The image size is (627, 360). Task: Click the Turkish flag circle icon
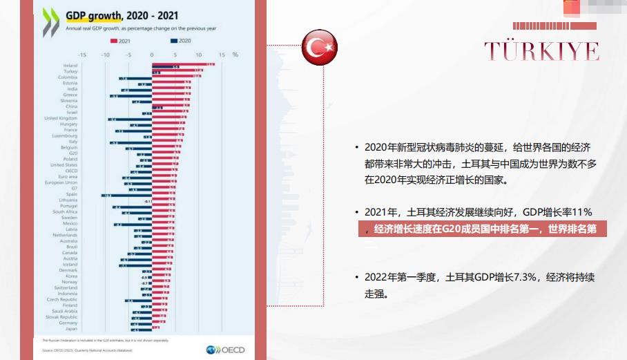pyautogui.click(x=320, y=48)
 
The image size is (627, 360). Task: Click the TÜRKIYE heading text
pyautogui.click(x=541, y=51)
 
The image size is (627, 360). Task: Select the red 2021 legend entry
pyautogui.click(x=122, y=41)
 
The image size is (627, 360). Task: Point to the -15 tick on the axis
pyautogui.click(x=82, y=54)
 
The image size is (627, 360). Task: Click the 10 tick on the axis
pyautogui.click(x=198, y=54)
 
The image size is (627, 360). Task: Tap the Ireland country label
pyautogui.click(x=70, y=66)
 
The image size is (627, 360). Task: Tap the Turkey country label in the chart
pyautogui.click(x=70, y=71)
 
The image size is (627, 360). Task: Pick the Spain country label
pyautogui.click(x=72, y=194)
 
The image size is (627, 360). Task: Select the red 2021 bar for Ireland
pyautogui.click(x=183, y=65)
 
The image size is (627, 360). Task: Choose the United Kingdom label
pyautogui.click(x=61, y=118)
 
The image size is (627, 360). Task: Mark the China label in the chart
pyautogui.click(x=72, y=106)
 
